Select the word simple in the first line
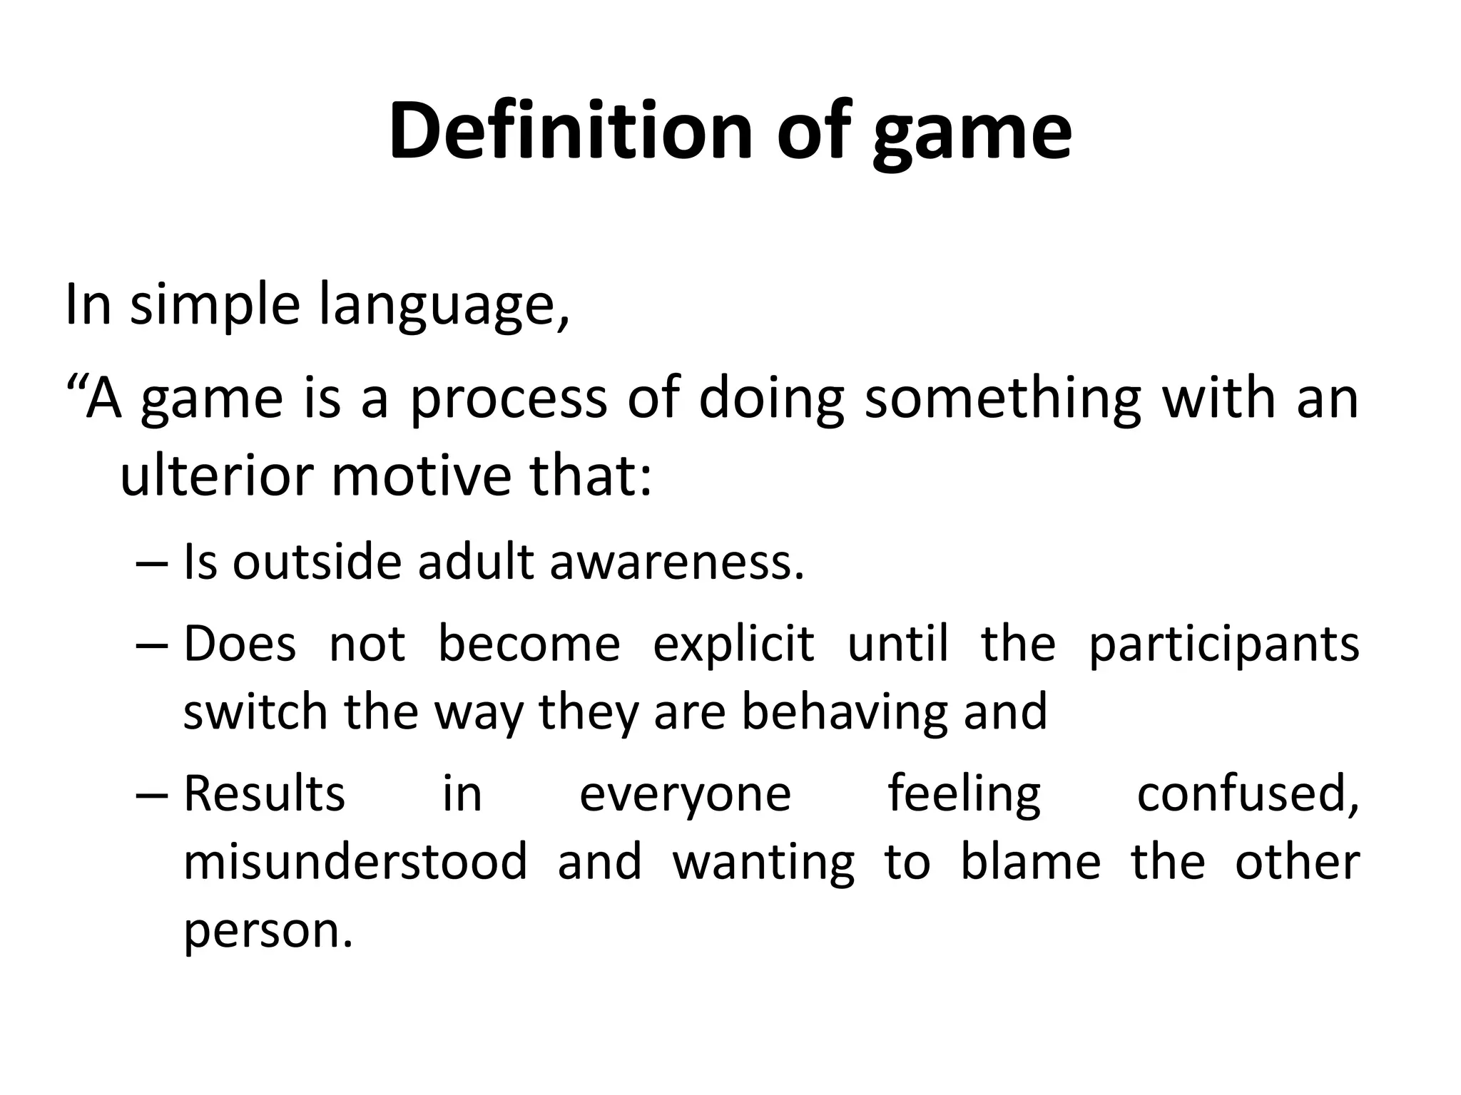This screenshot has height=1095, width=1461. pyautogui.click(x=213, y=305)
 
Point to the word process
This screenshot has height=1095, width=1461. pyautogui.click(x=507, y=399)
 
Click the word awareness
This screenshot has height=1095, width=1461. pyautogui.click(x=677, y=562)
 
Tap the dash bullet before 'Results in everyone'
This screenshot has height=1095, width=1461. pyautogui.click(x=151, y=796)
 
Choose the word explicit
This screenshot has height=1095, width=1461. pyautogui.click(x=733, y=644)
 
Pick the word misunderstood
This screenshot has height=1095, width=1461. pyautogui.click(x=355, y=861)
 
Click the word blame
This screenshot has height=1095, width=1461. pyautogui.click(x=1031, y=861)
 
